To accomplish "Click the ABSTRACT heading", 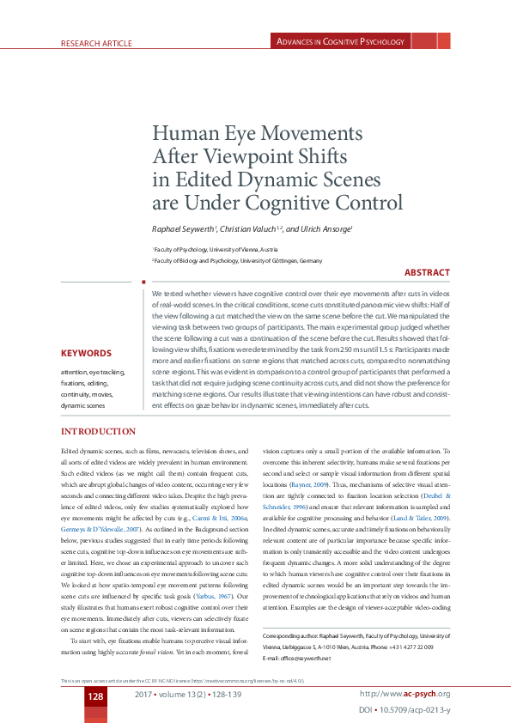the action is (x=427, y=273).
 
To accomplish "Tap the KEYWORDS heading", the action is (x=86, y=353).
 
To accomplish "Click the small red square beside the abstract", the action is (x=143, y=280).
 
